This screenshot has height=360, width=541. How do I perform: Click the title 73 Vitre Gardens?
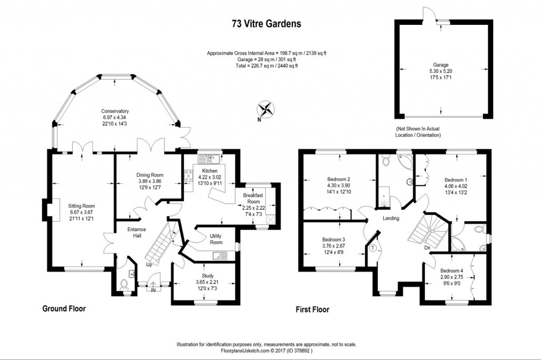click(266, 24)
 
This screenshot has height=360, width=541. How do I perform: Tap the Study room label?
click(207, 276)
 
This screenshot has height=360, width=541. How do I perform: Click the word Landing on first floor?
click(391, 219)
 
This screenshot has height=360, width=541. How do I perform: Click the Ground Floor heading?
click(63, 308)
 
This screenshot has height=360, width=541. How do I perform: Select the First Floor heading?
click(312, 309)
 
